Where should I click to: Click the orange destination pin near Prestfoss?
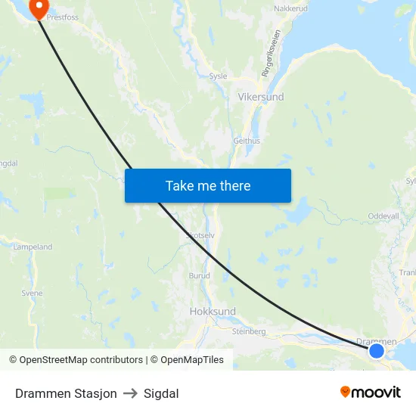36,7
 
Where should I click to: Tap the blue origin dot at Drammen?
376,350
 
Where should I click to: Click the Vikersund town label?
262,98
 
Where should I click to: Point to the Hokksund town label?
213,312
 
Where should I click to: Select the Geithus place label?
247,141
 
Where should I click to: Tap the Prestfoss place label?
63,16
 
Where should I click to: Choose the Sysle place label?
218,76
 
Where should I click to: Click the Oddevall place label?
383,216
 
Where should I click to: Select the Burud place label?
199,275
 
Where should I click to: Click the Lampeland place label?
33,247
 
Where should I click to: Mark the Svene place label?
32,293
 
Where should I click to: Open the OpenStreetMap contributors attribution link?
81,360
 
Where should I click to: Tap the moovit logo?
371,393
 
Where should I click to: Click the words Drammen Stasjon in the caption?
66,393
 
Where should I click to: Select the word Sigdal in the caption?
161,393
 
